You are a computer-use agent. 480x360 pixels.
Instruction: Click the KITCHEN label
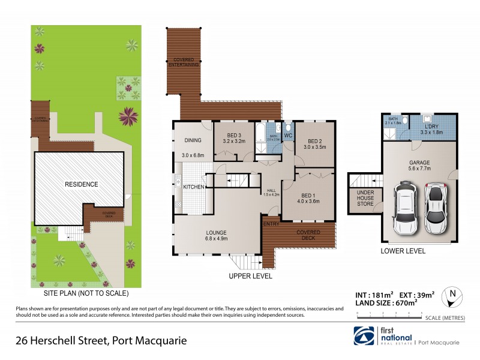click(x=194, y=187)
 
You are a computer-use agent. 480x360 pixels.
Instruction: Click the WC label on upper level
click(x=287, y=136)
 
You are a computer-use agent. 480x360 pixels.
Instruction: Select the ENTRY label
click(x=272, y=224)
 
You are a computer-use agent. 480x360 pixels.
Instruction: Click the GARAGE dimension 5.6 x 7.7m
click(x=417, y=169)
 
